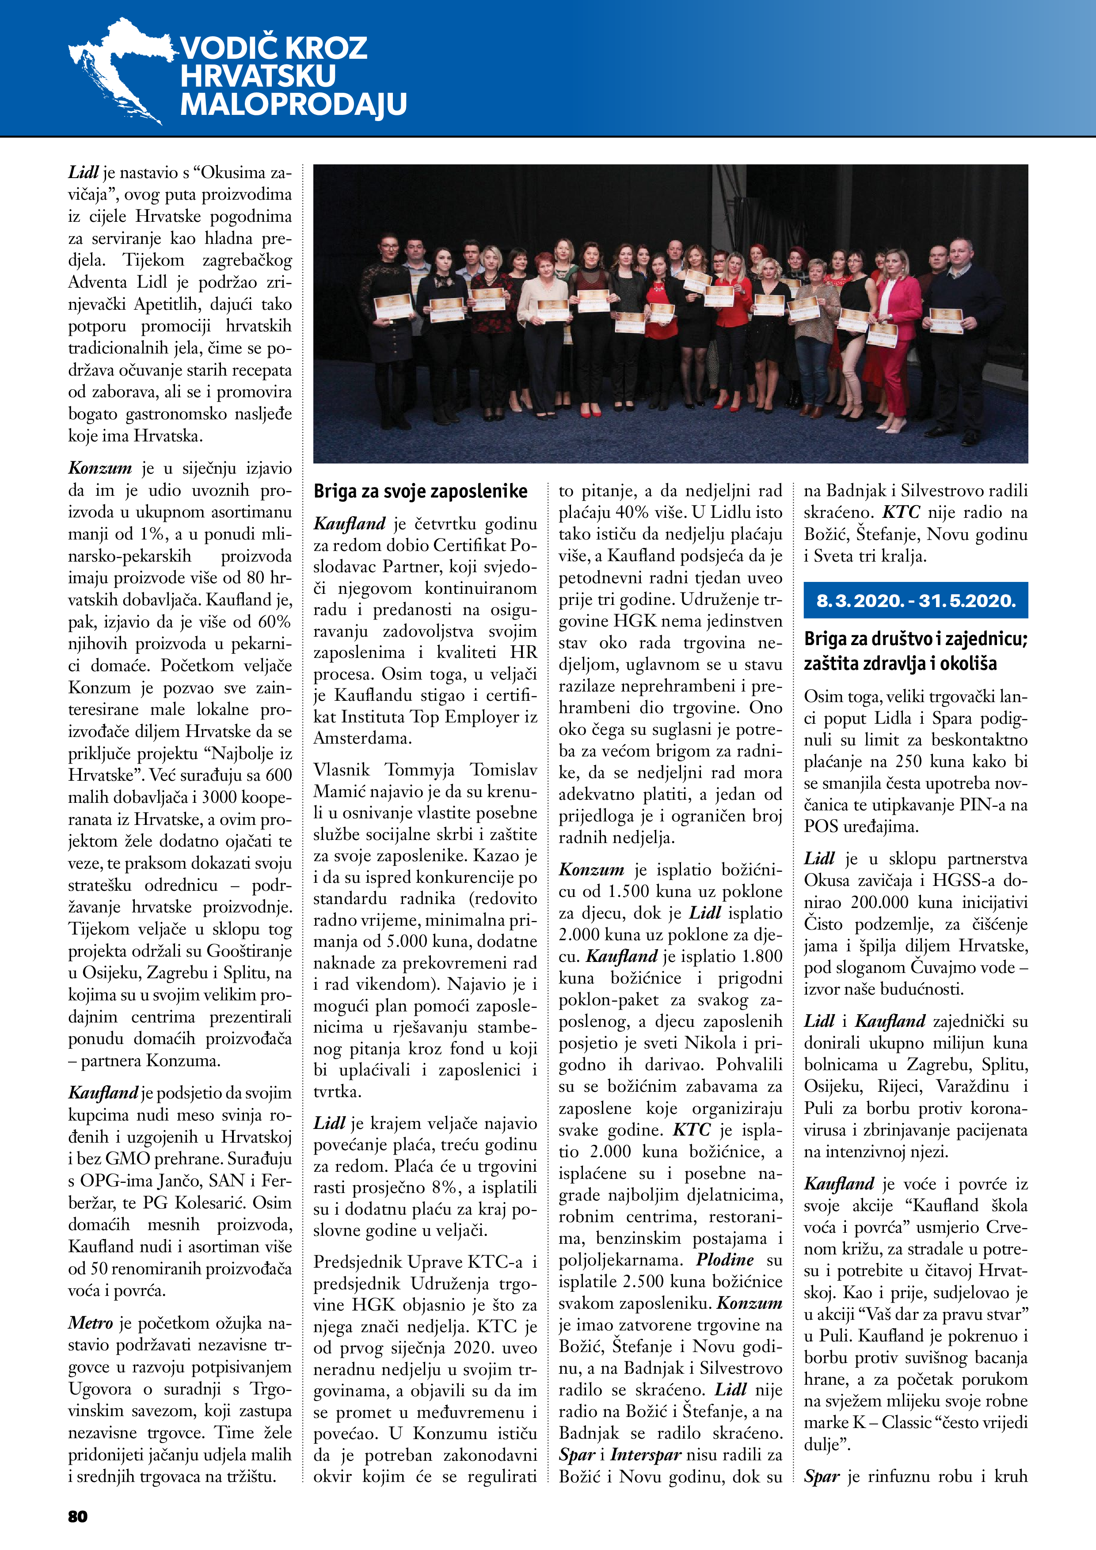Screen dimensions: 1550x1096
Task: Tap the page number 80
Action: click(x=78, y=1516)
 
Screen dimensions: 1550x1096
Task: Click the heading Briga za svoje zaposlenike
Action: click(x=420, y=491)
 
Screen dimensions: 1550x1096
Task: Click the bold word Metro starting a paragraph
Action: click(x=91, y=1323)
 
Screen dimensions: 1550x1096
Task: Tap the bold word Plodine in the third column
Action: click(x=725, y=1260)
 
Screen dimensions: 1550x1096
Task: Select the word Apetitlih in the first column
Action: click(x=165, y=304)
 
